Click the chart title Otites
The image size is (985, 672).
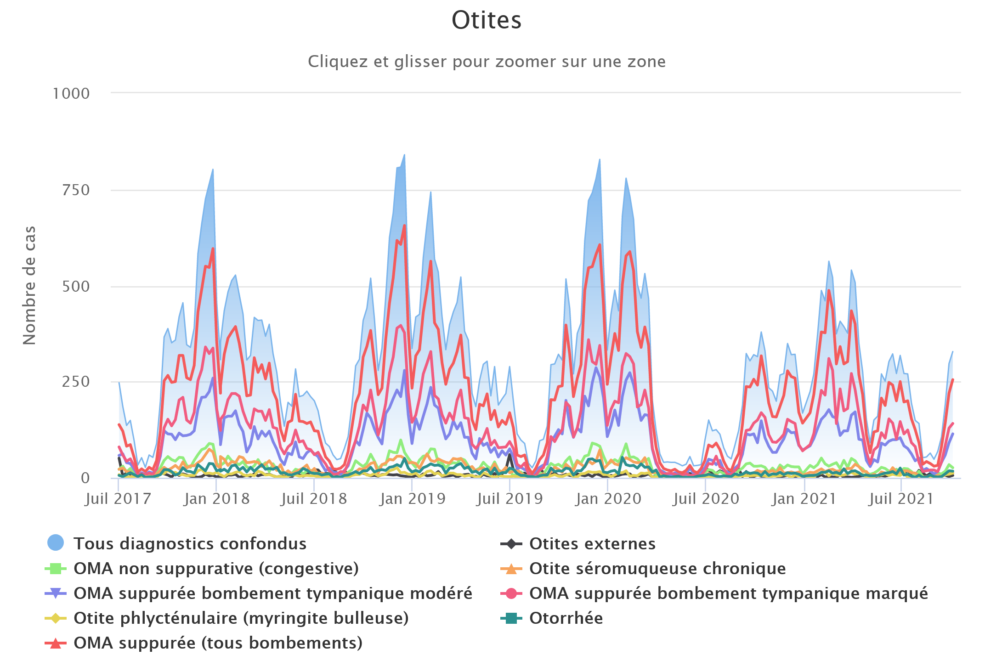point(487,21)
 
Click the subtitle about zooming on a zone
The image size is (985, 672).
point(487,62)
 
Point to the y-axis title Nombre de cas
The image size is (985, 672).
point(30,285)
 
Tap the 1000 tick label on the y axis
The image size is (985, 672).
point(71,94)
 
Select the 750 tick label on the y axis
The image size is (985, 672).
point(76,190)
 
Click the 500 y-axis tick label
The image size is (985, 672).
point(76,287)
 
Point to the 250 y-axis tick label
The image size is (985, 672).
point(76,382)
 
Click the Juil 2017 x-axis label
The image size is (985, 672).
point(118,499)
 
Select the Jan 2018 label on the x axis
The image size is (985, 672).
point(216,499)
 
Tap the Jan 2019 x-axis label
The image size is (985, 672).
point(413,499)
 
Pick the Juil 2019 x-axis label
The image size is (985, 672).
point(510,499)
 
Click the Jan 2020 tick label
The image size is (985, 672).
point(608,499)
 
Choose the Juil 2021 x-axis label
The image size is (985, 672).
point(901,499)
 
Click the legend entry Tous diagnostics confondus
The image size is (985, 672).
point(189,544)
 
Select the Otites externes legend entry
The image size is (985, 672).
point(592,544)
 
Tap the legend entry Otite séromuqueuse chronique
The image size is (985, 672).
point(657,569)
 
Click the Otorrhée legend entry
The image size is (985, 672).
point(566,618)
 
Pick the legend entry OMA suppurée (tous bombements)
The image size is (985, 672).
point(218,643)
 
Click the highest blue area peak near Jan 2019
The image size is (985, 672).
point(404,155)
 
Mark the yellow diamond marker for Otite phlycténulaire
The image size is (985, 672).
point(56,618)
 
